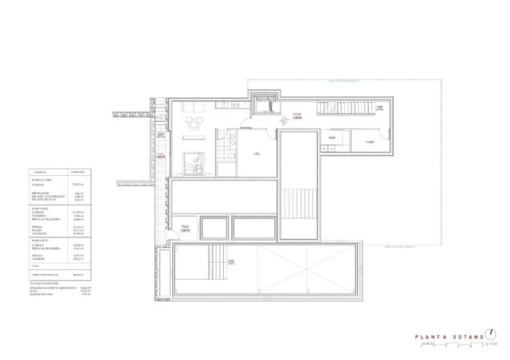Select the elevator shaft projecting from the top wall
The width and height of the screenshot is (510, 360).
click(263, 101)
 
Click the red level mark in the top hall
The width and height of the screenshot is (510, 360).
click(296, 117)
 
